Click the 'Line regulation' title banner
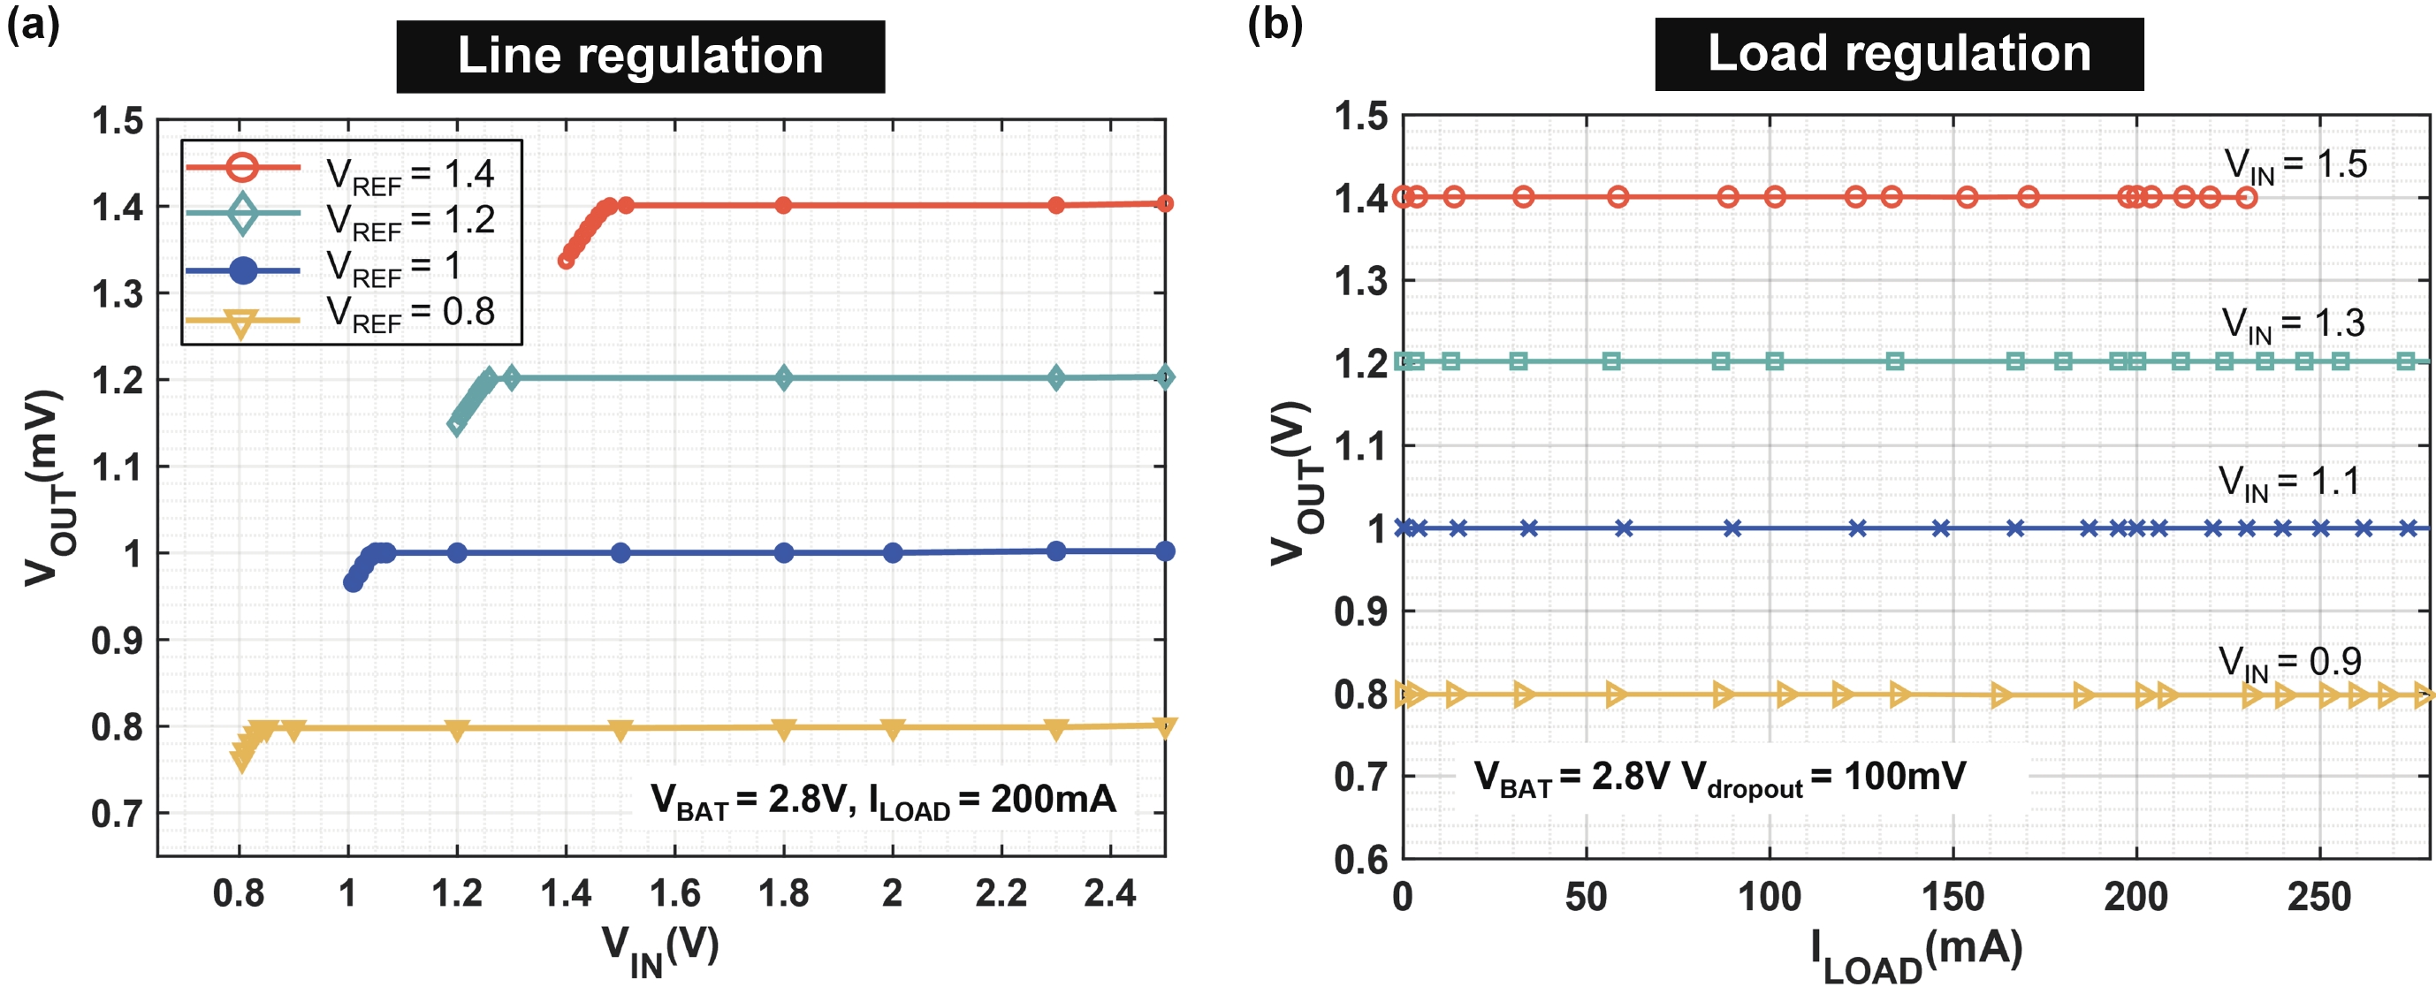pyautogui.click(x=640, y=56)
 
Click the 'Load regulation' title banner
pyautogui.click(x=1898, y=54)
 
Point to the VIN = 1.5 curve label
pyautogui.click(x=2295, y=165)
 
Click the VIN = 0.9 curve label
pyautogui.click(x=2289, y=663)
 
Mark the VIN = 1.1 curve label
pyautogui.click(x=2289, y=483)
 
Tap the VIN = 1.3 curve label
pyautogui.click(x=2292, y=324)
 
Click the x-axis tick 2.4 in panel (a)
pyautogui.click(x=1110, y=893)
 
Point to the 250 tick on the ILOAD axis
pyautogui.click(x=2318, y=896)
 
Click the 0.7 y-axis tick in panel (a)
pyautogui.click(x=118, y=813)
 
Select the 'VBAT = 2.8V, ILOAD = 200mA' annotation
pyautogui.click(x=882, y=801)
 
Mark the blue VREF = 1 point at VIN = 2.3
pyautogui.click(x=1056, y=551)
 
